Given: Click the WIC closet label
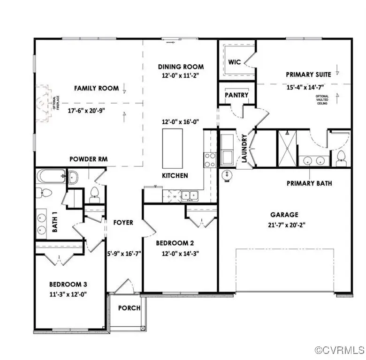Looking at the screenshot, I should coord(234,62).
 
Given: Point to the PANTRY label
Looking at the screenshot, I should coord(236,95).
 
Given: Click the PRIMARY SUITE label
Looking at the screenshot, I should coord(309,74).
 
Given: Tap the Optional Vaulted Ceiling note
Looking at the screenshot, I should coord(325,99).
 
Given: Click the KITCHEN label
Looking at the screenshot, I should coord(175,175).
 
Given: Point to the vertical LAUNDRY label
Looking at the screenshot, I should coord(244,149).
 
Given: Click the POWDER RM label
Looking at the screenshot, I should coord(88,159).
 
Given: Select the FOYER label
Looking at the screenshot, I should coord(123,223).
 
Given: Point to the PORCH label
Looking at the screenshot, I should coord(129,308).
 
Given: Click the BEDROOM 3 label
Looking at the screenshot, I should coord(68,284).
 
